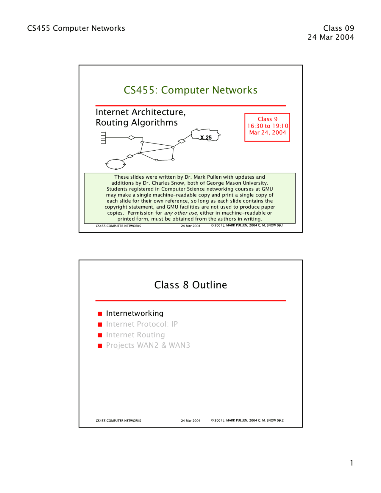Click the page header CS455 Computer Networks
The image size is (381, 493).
(x=76, y=28)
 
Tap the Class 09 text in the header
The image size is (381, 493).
(x=338, y=28)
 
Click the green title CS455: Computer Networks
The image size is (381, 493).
(x=190, y=90)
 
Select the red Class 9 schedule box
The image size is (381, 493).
(x=267, y=127)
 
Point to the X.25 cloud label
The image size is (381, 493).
(x=206, y=138)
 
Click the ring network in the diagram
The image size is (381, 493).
(x=116, y=164)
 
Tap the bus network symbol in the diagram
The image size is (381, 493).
(x=103, y=138)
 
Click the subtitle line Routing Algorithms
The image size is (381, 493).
(x=137, y=123)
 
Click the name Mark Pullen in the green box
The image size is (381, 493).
(x=207, y=177)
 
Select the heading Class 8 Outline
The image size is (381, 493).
(x=190, y=285)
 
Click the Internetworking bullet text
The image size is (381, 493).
(x=135, y=313)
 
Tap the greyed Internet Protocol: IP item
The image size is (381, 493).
(x=142, y=324)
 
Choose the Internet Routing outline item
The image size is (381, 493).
(x=135, y=335)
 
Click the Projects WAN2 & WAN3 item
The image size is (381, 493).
(x=148, y=345)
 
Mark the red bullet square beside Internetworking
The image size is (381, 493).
(x=100, y=314)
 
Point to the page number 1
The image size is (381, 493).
(x=352, y=463)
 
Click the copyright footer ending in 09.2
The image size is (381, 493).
(x=247, y=420)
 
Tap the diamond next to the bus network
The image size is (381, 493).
(x=131, y=138)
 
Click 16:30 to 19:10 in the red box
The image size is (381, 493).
(x=268, y=126)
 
